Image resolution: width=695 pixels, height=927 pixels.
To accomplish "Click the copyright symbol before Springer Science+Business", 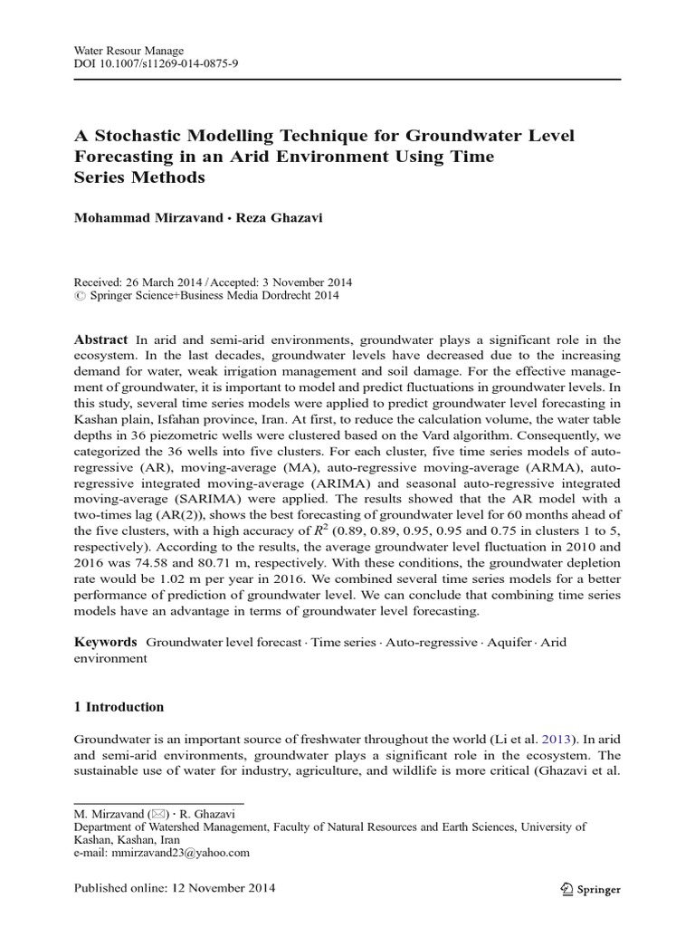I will (79, 294).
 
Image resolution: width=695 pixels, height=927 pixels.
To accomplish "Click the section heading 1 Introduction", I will (119, 707).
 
